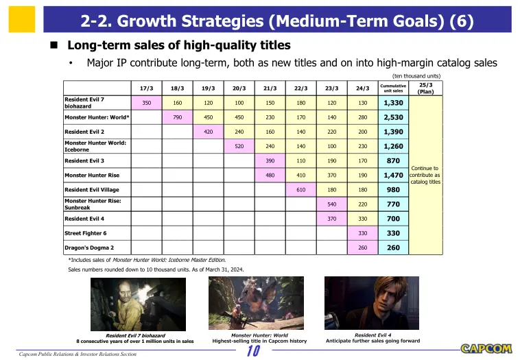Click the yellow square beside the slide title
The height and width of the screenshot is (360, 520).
click(22, 19)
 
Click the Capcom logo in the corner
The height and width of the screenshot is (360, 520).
click(486, 348)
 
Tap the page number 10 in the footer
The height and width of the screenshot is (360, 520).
click(253, 350)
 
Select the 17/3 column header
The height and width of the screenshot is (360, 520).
click(147, 88)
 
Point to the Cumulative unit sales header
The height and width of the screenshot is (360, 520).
click(393, 88)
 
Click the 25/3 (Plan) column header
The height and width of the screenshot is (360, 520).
click(426, 88)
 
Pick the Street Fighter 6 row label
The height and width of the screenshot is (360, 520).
click(86, 233)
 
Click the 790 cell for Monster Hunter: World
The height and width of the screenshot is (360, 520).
click(178, 117)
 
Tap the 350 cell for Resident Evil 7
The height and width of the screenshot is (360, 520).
click(147, 103)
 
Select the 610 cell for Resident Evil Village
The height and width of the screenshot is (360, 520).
click(300, 190)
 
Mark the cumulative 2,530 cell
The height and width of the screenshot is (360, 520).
click(393, 117)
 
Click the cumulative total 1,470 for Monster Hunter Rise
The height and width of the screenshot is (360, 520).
click(393, 175)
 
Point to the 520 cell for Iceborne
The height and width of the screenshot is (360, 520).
click(239, 146)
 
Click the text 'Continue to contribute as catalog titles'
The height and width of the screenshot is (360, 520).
click(425, 175)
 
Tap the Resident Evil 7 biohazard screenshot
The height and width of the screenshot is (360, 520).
click(139, 304)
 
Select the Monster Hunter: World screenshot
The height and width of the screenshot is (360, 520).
click(256, 303)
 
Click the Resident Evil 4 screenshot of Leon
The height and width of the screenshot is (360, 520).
click(372, 303)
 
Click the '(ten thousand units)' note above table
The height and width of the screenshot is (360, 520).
click(416, 76)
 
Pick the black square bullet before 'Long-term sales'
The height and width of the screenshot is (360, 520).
click(54, 45)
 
